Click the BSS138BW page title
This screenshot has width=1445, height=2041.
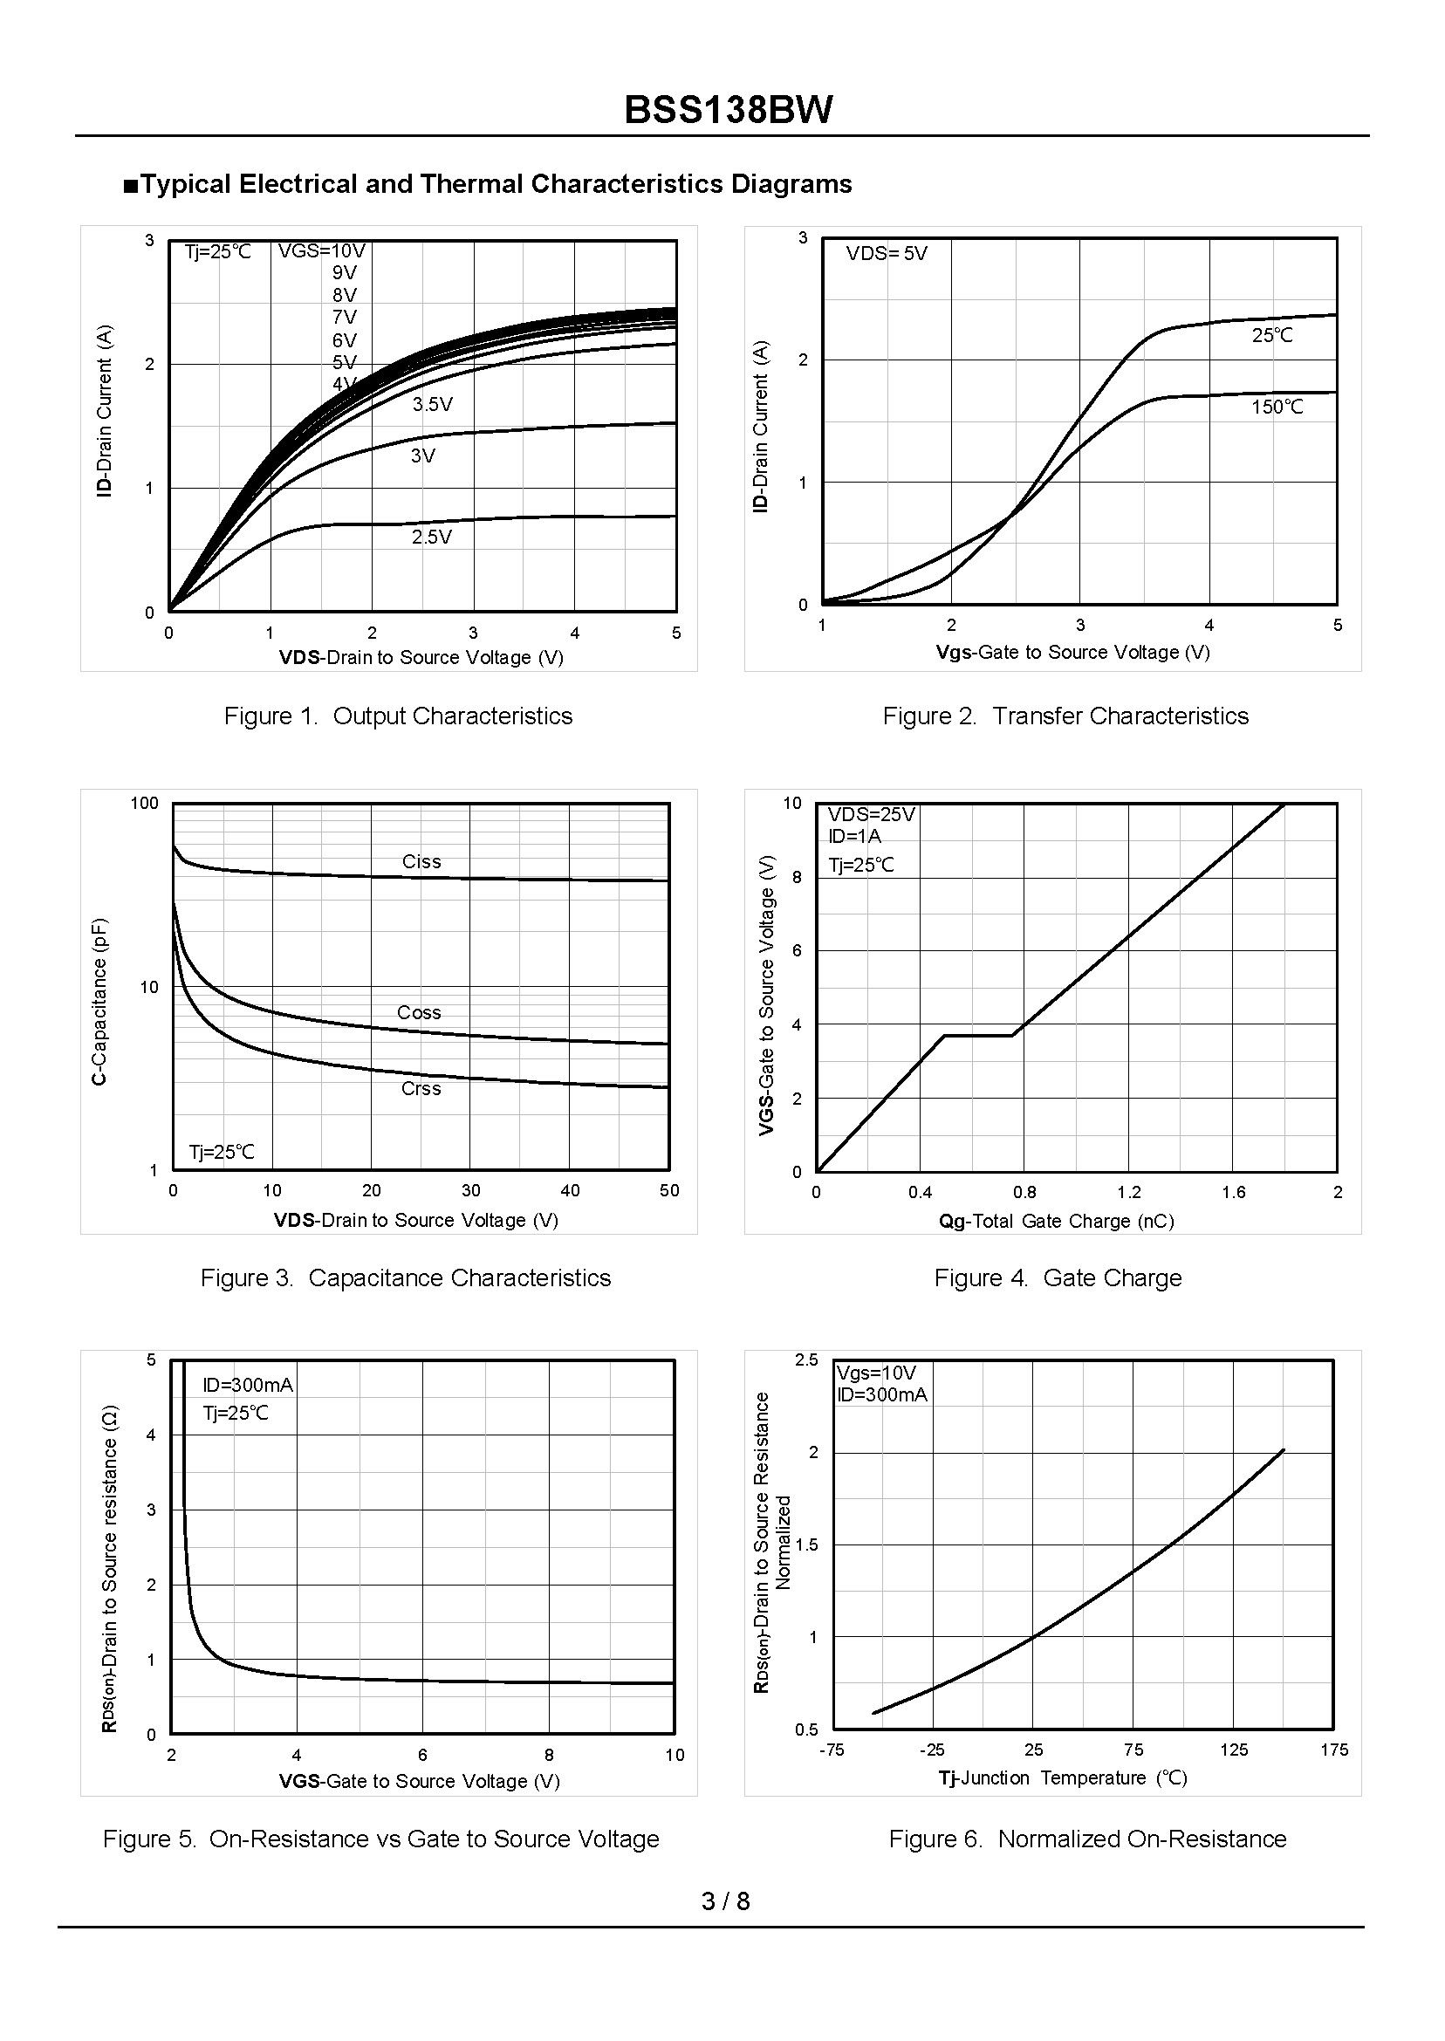[728, 110]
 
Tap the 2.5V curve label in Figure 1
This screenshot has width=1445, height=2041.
[432, 538]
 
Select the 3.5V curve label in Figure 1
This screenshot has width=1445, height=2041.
[433, 405]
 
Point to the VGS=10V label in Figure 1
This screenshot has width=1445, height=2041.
[321, 251]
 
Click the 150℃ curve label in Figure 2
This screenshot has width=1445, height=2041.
[1277, 408]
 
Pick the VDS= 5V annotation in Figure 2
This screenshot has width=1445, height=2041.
[887, 254]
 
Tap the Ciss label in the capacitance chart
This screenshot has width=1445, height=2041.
[421, 862]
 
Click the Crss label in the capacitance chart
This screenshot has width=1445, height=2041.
[421, 1089]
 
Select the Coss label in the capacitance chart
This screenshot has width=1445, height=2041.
[419, 1013]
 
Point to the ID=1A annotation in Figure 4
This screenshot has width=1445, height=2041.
[854, 836]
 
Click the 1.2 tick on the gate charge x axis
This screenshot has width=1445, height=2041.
[1128, 1193]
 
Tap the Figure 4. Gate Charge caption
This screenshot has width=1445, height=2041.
[1057, 1278]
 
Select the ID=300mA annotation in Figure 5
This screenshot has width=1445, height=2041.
[247, 1386]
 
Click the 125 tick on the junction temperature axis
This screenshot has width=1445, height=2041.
[1233, 1750]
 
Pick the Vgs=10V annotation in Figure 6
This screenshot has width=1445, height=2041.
[875, 1373]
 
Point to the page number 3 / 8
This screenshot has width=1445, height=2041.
[725, 1901]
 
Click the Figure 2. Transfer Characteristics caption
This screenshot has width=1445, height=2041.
[1065, 716]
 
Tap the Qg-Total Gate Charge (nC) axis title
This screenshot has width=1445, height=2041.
[1056, 1222]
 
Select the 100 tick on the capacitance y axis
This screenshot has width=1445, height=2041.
[144, 804]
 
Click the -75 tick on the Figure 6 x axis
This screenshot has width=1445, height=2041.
[831, 1750]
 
